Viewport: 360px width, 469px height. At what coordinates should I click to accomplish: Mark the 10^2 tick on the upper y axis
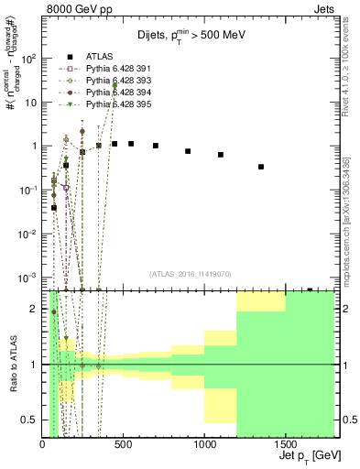click(29, 58)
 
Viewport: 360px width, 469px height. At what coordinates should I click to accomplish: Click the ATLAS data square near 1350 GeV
click(261, 167)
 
